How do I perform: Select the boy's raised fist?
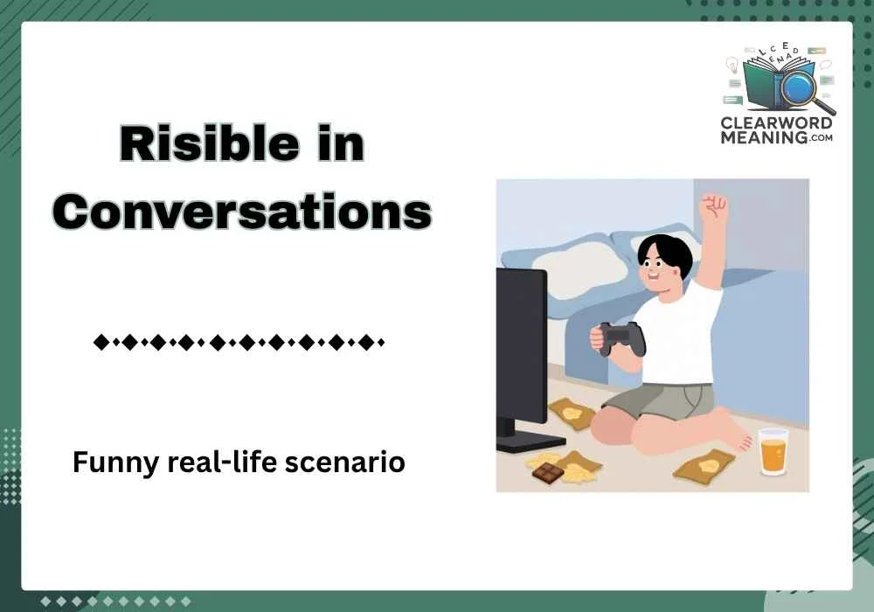(x=714, y=208)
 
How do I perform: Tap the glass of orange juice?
(x=773, y=452)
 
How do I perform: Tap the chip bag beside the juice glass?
(x=705, y=463)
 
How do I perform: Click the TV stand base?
(x=530, y=441)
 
